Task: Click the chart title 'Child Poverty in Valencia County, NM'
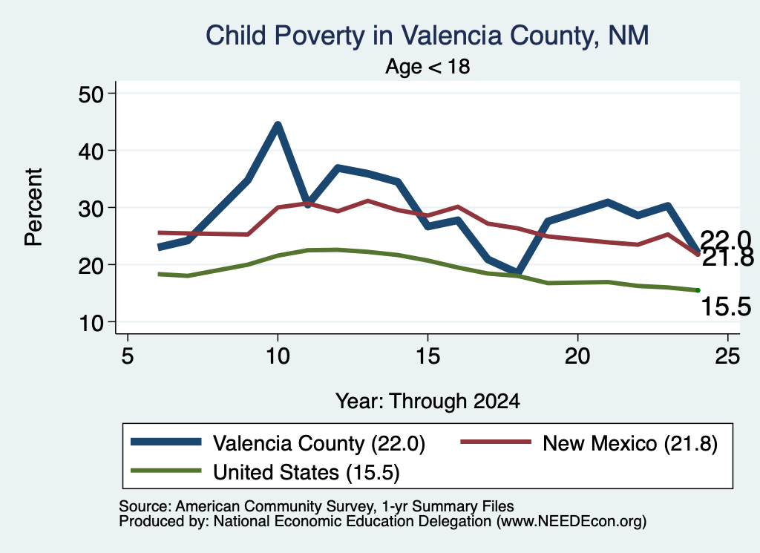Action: click(x=427, y=36)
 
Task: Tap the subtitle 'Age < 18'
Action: click(x=427, y=66)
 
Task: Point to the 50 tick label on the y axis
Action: click(x=91, y=94)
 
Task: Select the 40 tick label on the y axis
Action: click(x=91, y=151)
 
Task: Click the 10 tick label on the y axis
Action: click(x=91, y=322)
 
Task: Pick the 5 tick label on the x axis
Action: click(x=128, y=357)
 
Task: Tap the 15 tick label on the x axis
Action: click(x=427, y=357)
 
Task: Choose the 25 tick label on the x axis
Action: click(x=727, y=357)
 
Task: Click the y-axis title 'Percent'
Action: click(x=34, y=207)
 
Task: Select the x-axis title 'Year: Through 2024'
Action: click(x=427, y=402)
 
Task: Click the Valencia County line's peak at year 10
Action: click(x=278, y=125)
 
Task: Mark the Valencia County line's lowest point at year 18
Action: click(x=518, y=272)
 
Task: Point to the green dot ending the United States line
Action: click(x=698, y=290)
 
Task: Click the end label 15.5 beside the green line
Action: click(x=726, y=307)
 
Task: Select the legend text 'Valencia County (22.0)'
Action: click(x=319, y=443)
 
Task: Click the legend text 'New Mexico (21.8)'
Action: click(x=630, y=443)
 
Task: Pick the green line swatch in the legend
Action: click(x=166, y=470)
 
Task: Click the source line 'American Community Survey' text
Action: click(x=275, y=506)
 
